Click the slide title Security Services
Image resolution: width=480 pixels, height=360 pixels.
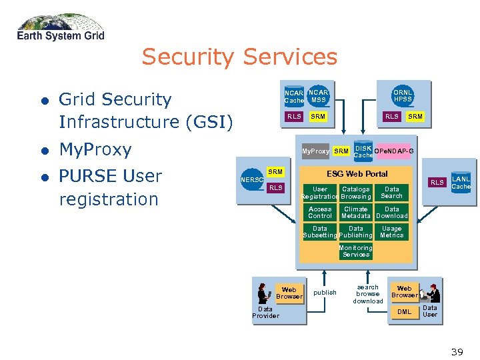point(239,57)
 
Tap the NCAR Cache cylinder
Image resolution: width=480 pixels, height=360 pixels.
point(294,97)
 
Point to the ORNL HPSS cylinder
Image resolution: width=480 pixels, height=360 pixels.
point(403,96)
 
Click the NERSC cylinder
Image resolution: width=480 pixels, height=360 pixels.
point(252,180)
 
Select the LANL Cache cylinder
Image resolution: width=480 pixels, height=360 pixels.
point(461,183)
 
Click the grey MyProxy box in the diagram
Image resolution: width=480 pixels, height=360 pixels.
point(315,151)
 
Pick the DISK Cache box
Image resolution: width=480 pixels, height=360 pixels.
point(363,151)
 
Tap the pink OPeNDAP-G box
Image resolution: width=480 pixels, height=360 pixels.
point(394,151)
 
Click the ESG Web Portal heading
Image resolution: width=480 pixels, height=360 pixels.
point(357,174)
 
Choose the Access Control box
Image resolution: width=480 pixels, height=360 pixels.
point(320,213)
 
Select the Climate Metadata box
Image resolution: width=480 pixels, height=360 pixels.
point(356,213)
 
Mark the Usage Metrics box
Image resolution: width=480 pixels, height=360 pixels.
point(392,232)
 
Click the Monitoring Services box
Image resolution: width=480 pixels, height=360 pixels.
point(356,251)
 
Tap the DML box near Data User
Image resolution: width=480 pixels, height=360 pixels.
point(404,311)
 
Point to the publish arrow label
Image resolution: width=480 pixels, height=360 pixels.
point(325,293)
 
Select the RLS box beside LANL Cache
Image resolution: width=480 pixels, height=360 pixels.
point(437,182)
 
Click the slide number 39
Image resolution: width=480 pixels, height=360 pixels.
point(457,351)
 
